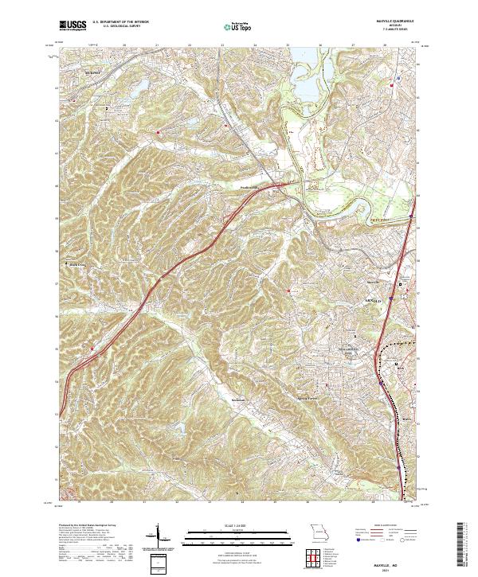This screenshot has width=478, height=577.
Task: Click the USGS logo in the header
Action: pos(73,26)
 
